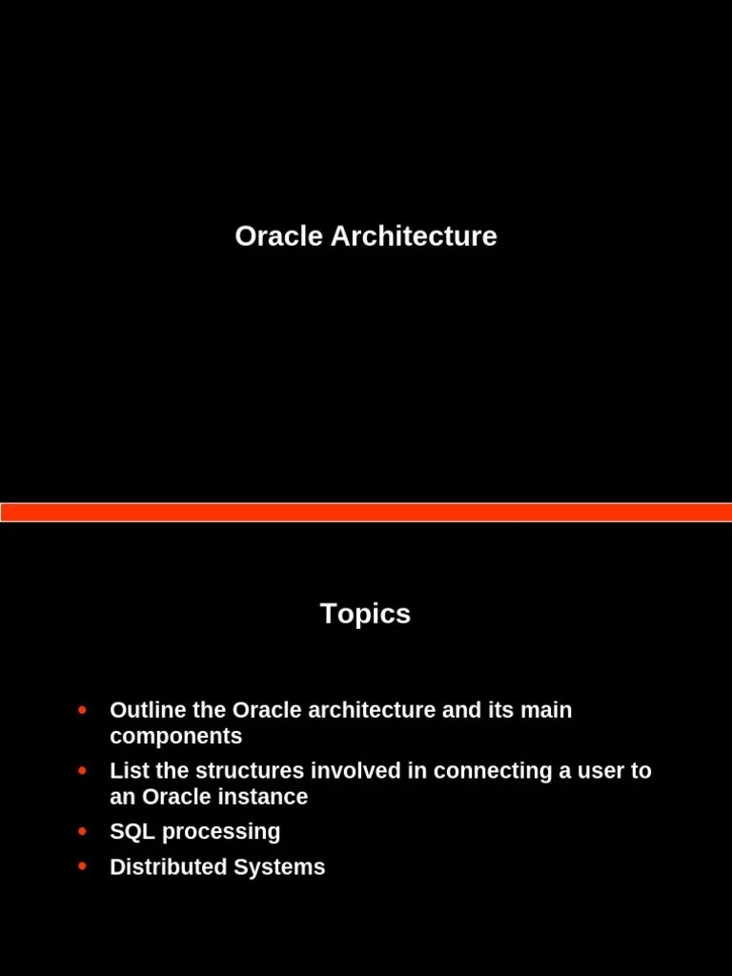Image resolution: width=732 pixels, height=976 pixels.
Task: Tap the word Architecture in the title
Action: [x=414, y=236]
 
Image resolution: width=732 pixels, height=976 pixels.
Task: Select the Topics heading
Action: [x=365, y=614]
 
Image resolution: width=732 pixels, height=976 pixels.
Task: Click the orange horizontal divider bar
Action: [x=366, y=512]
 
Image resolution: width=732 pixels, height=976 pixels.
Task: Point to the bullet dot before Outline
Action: [x=82, y=710]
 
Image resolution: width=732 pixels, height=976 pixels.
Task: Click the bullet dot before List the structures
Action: [x=82, y=770]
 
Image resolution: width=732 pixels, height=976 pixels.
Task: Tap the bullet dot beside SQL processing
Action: [x=82, y=831]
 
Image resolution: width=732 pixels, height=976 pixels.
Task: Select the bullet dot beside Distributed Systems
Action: [x=82, y=866]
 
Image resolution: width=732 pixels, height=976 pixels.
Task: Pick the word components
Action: [x=176, y=737]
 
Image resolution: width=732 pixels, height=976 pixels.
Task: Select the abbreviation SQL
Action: [x=132, y=831]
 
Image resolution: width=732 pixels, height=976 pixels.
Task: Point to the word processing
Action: [x=221, y=832]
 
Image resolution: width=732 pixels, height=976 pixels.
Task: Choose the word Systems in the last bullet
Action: [x=282, y=867]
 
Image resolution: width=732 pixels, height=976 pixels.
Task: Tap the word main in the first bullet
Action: [x=546, y=710]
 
